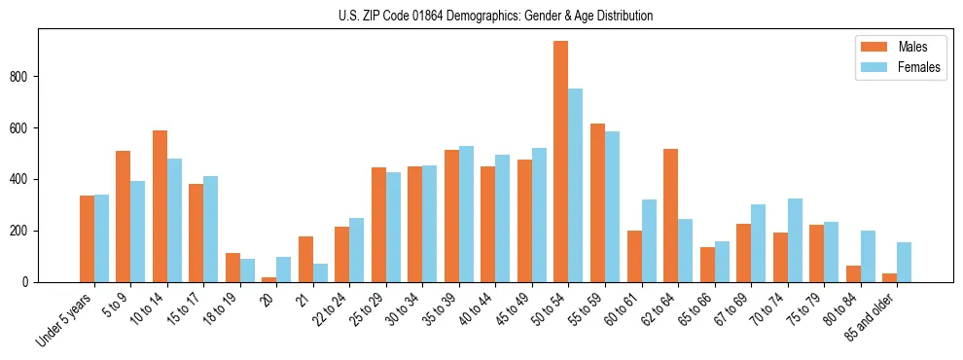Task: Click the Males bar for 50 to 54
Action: [561, 162]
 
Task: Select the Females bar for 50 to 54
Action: [576, 185]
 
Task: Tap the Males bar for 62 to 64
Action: [670, 215]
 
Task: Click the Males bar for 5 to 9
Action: [123, 216]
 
